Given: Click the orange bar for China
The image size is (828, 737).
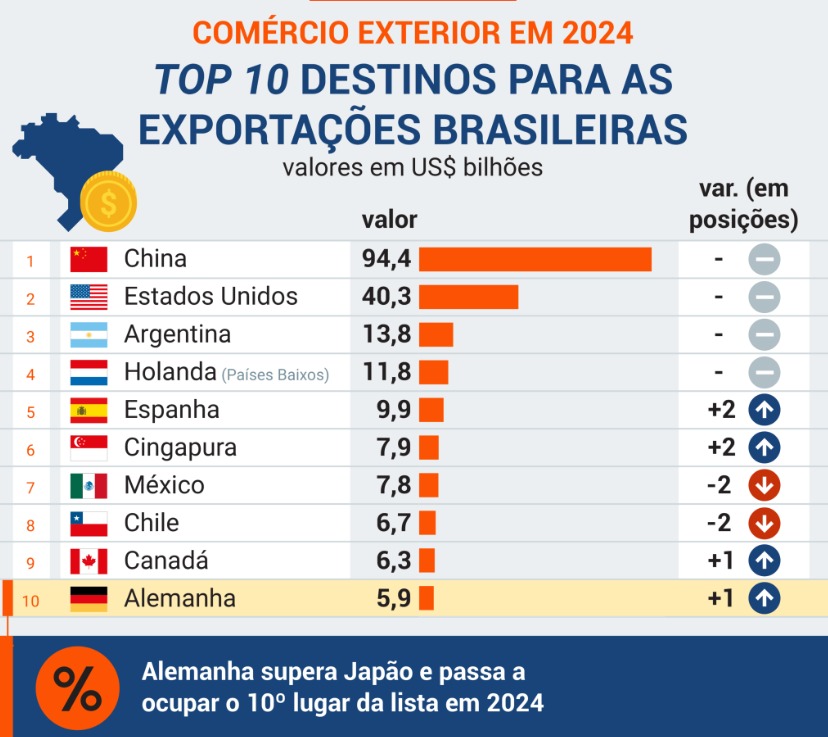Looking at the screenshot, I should click(535, 259).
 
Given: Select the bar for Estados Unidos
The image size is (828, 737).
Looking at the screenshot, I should click(468, 297).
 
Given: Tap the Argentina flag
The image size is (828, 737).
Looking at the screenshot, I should click(89, 335).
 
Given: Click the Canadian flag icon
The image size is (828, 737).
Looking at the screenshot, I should click(89, 561).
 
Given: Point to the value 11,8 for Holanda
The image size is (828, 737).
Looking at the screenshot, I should click(387, 373).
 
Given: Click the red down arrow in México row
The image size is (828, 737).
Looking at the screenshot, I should click(764, 486).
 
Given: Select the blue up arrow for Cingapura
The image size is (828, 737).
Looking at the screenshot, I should click(764, 448).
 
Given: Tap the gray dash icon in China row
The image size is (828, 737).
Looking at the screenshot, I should click(764, 260).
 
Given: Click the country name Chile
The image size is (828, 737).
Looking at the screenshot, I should click(151, 523).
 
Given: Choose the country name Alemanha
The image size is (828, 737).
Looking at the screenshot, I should click(180, 599).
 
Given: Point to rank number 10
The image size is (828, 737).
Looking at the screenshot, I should click(30, 601).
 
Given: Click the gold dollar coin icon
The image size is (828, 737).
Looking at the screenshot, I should click(108, 201).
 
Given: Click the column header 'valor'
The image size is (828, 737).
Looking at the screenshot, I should click(389, 220).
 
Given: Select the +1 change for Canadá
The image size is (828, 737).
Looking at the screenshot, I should click(720, 561).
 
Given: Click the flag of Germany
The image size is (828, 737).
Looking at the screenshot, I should click(89, 599).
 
